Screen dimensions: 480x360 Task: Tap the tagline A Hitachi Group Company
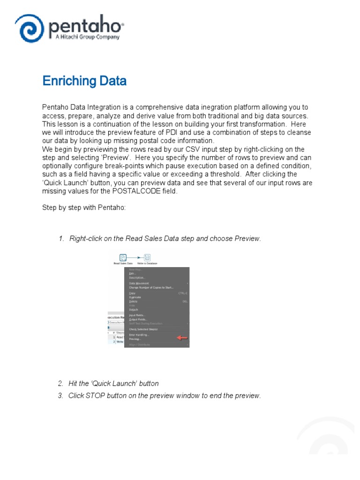pos(85,37)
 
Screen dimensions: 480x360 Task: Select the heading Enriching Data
pos(84,81)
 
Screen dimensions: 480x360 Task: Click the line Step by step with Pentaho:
pos(84,208)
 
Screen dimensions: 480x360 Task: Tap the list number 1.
pos(61,239)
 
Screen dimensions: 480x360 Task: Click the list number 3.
pos(60,396)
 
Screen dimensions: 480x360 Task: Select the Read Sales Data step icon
pos(123,257)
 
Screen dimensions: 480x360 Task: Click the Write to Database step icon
pos(147,257)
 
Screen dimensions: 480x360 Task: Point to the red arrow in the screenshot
pos(181,337)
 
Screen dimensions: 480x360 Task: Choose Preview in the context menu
pos(135,339)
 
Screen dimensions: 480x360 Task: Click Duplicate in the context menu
pos(135,297)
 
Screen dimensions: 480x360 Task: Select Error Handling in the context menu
pos(139,335)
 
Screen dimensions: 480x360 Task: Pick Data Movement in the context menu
pos(139,283)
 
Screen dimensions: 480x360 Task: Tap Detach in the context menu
pos(134,309)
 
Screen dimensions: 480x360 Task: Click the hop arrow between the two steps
pos(135,257)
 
